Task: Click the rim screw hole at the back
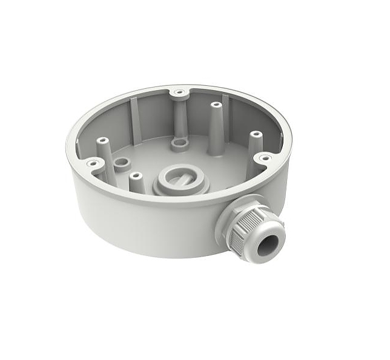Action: [x=179, y=93]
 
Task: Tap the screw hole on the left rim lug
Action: [x=93, y=162]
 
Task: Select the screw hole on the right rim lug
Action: [x=264, y=158]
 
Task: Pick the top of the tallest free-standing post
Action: [x=215, y=105]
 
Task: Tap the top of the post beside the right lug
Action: [x=256, y=134]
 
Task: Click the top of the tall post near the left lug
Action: [x=102, y=140]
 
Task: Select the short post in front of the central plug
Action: [x=136, y=176]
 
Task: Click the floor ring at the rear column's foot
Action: [x=179, y=145]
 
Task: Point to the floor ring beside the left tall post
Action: [x=122, y=163]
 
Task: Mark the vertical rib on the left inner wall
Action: [x=134, y=121]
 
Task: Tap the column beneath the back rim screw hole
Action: [x=179, y=118]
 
